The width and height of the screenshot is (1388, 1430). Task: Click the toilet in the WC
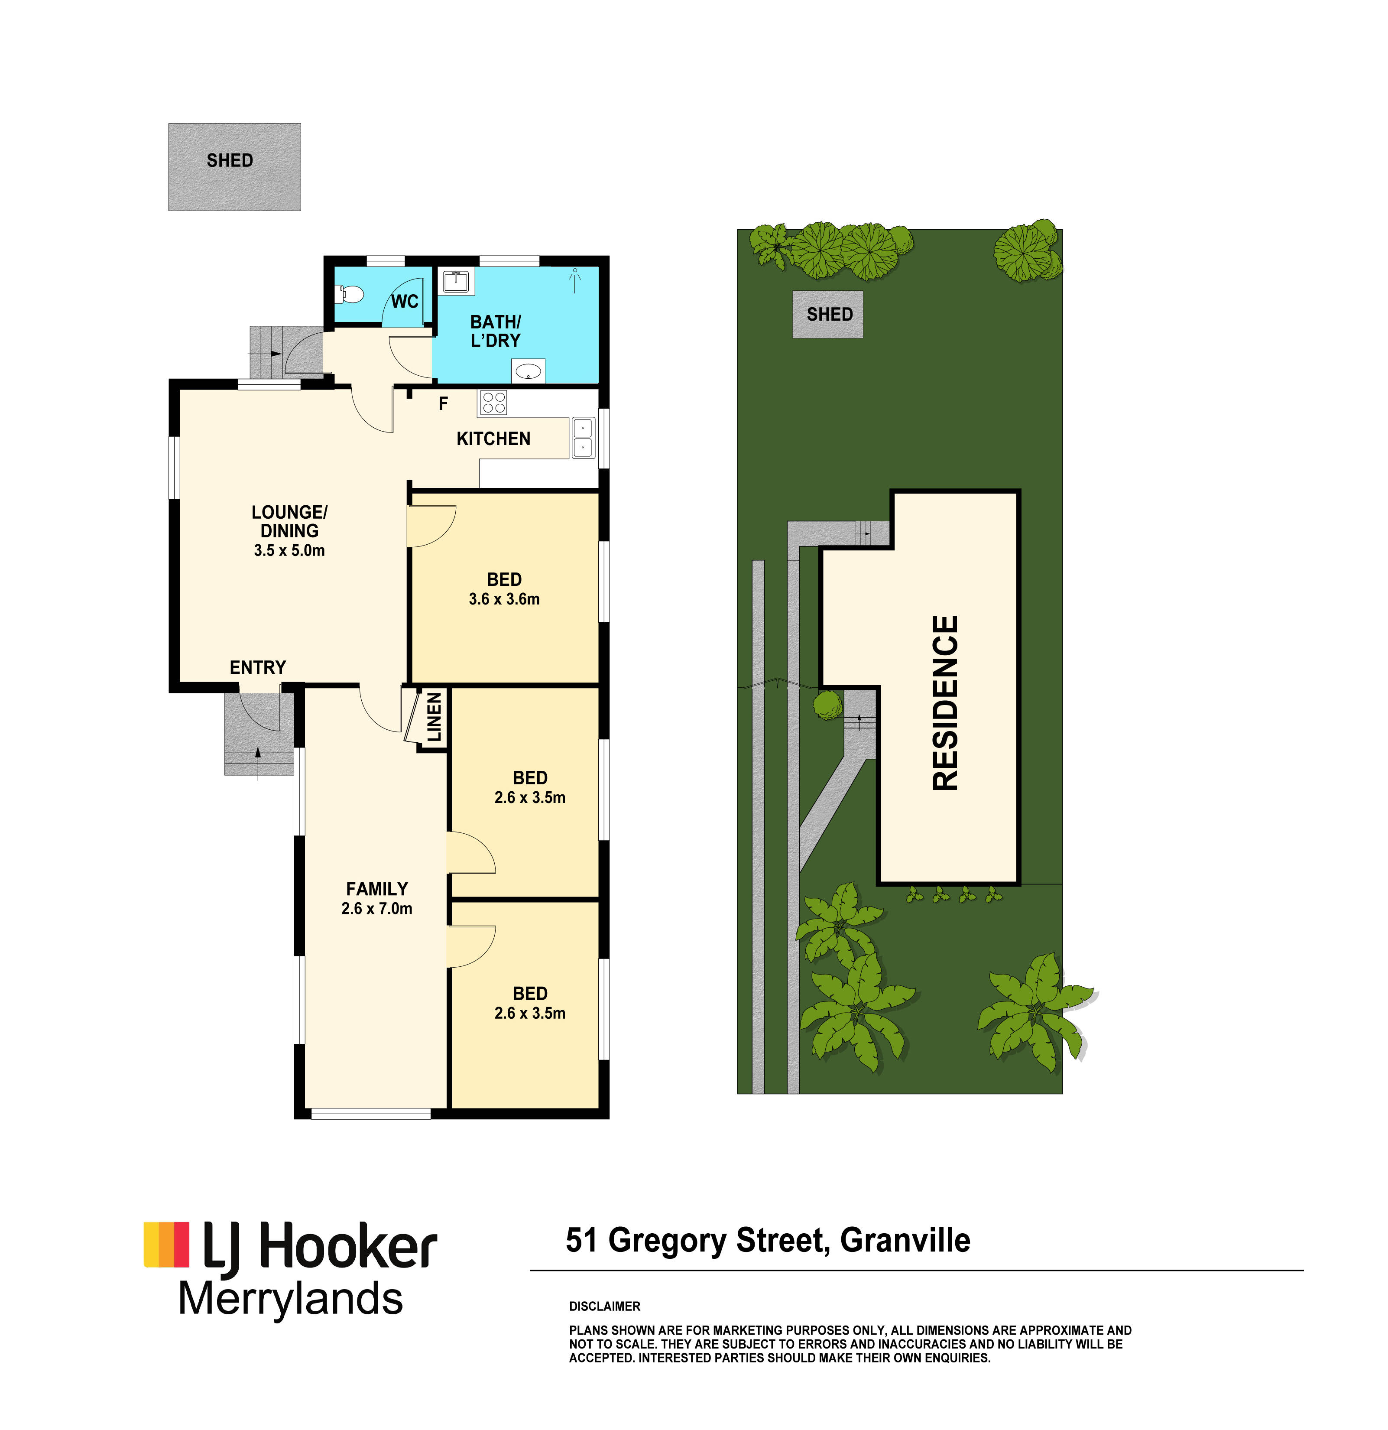coord(350,295)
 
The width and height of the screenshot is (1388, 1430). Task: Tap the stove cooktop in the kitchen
coord(493,403)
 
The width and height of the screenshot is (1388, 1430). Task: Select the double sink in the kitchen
coord(583,437)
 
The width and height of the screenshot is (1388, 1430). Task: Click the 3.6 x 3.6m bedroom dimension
coord(504,599)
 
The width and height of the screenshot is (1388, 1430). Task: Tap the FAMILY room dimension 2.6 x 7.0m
coord(376,908)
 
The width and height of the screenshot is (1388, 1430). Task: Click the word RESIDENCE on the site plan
coord(945,702)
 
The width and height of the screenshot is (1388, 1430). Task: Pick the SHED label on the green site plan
coord(829,315)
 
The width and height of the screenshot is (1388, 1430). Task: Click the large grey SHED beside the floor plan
coord(235,167)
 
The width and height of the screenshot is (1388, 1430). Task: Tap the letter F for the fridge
coord(443,403)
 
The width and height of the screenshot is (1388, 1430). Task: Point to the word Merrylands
coord(290,1299)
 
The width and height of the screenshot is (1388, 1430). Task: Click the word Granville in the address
coord(905,1240)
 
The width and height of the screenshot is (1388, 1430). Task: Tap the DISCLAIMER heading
coord(605,1306)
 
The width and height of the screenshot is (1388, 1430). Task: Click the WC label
coord(405,301)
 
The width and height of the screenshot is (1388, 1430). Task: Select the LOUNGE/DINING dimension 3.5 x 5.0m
coord(289,550)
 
